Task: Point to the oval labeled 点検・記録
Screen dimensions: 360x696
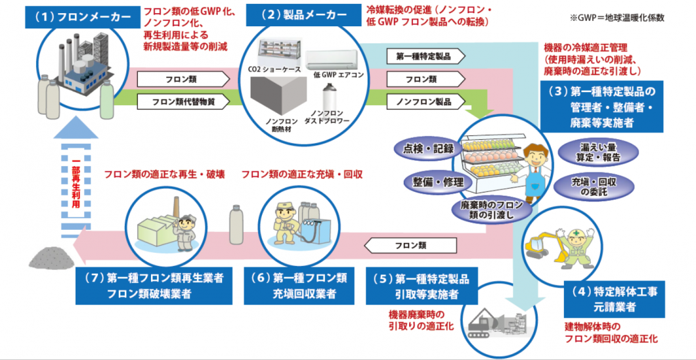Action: pos(424,149)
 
